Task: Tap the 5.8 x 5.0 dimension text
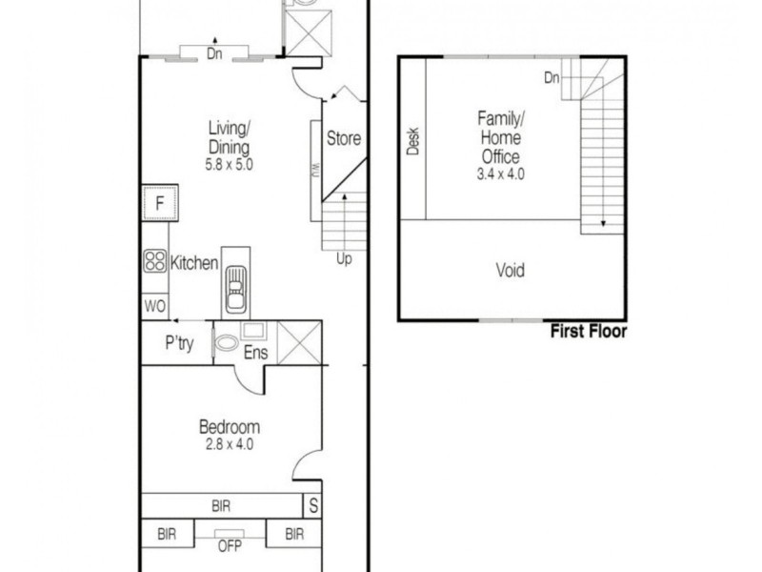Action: point(229,164)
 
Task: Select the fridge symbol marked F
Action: point(160,203)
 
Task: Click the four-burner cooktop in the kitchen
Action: point(154,261)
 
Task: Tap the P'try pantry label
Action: point(179,344)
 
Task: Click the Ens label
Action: point(256,353)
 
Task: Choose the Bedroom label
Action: point(229,427)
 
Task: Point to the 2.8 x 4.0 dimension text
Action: point(229,444)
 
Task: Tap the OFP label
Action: point(229,546)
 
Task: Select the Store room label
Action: point(344,138)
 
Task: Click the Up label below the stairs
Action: point(343,258)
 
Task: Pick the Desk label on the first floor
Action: point(413,142)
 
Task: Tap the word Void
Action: point(511,271)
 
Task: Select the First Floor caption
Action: point(589,332)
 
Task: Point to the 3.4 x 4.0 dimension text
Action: point(501,174)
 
